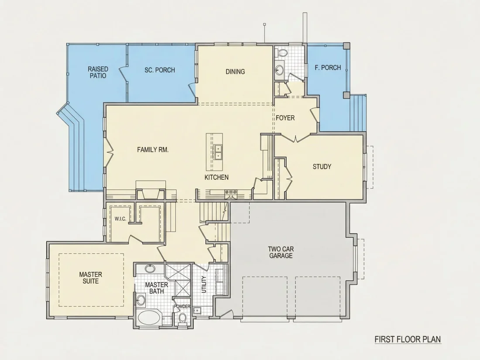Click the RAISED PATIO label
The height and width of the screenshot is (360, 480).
coord(98,72)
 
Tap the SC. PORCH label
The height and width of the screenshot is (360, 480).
coord(160,70)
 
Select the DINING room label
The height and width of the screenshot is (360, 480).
coord(235,72)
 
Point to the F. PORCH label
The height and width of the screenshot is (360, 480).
coord(328,68)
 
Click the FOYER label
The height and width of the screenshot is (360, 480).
coord(285,118)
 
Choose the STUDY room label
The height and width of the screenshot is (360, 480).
coord(322,167)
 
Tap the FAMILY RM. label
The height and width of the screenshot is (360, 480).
coord(153,150)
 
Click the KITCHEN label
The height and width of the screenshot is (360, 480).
coord(216,177)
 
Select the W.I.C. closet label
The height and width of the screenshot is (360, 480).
coord(120,219)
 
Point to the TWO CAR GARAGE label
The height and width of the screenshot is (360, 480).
coord(281,253)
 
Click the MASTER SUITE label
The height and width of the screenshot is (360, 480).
coord(91,278)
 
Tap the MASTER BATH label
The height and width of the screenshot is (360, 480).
coord(156,288)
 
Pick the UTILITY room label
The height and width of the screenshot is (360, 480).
coord(204,285)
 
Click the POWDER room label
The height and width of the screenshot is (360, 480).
coord(182,306)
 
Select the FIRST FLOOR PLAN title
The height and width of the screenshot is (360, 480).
coord(408,339)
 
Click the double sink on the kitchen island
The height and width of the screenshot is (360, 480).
coord(218,152)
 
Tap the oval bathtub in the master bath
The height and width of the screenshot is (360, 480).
coord(149,318)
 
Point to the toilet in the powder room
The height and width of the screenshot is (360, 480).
coord(182,317)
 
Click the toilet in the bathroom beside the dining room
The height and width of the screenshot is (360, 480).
coord(281,53)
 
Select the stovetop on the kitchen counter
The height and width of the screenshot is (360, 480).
coord(231,192)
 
